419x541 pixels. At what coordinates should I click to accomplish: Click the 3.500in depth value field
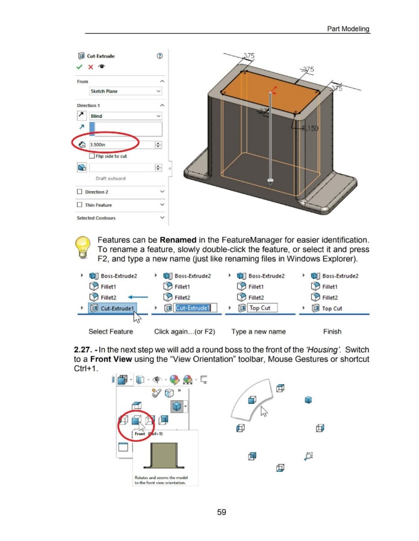click(x=120, y=144)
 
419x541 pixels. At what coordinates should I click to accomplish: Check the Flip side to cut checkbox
click(x=92, y=156)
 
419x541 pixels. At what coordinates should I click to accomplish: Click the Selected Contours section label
click(x=96, y=218)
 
